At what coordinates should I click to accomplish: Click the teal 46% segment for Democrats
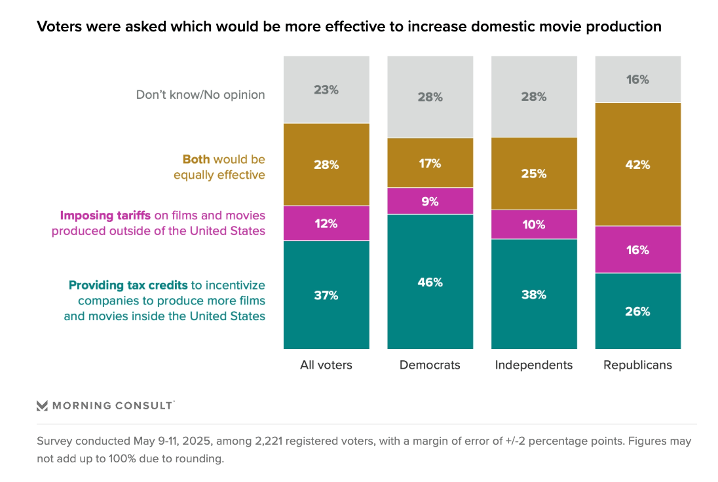[430, 282]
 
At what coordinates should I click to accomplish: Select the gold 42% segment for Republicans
[637, 164]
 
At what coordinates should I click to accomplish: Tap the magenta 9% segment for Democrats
[430, 201]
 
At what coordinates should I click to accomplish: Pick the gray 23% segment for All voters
[326, 90]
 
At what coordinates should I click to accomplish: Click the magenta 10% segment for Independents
[534, 224]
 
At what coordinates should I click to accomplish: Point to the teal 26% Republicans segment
[637, 311]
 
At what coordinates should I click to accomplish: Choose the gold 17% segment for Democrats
[430, 163]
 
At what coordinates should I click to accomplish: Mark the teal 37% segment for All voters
[326, 295]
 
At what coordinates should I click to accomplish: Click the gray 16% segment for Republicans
[637, 79]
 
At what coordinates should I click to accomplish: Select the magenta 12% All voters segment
[326, 223]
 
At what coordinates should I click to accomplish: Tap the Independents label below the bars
[534, 365]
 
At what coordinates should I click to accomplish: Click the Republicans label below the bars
[637, 365]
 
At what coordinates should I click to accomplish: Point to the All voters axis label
[326, 365]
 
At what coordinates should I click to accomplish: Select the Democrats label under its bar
[430, 365]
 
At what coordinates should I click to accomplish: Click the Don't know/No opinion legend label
[200, 94]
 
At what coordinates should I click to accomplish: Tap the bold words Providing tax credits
[128, 285]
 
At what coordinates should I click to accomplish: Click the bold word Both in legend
[197, 159]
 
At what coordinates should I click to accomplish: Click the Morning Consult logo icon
[42, 405]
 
